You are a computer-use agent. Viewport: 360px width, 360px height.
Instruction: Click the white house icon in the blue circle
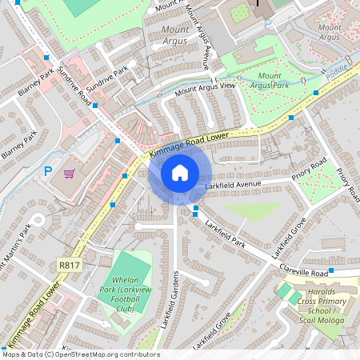point(180,173)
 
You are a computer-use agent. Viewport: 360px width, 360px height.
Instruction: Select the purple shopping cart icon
point(70,173)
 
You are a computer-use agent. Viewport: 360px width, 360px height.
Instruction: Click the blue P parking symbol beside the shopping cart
point(47,170)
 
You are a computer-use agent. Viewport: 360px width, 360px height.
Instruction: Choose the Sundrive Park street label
point(107,78)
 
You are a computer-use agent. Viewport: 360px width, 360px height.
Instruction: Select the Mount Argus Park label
point(269,79)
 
